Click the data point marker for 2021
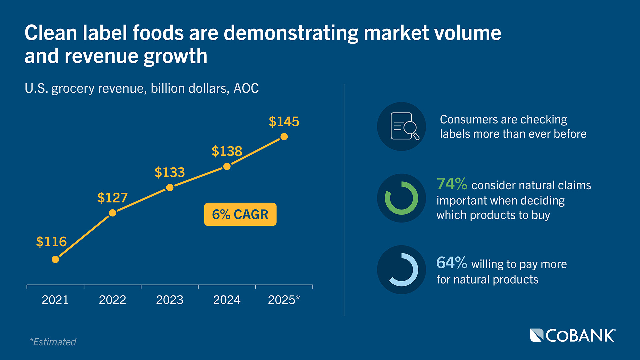55,259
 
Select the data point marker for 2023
170,188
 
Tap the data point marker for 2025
284,137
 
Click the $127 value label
112,198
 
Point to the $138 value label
227,151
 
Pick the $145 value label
284,122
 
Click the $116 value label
51,242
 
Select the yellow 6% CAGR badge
240,214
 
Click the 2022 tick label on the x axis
112,300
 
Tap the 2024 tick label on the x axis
227,300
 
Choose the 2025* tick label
284,300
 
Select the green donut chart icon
401,198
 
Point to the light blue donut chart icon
401,270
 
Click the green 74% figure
452,184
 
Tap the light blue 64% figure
452,263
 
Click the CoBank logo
573,336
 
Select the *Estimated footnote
53,342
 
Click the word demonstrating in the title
291,33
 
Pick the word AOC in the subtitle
246,89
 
